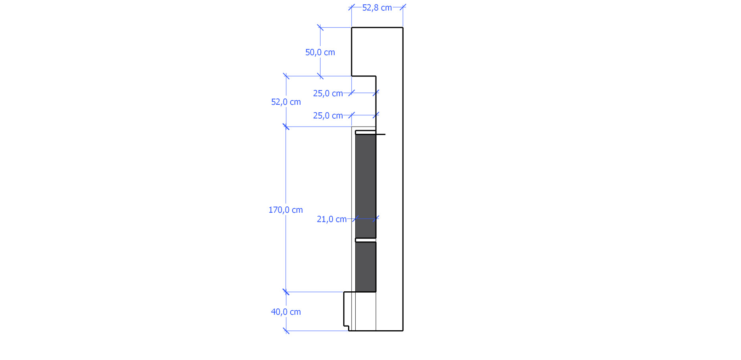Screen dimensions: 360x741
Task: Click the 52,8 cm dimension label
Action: coord(377,8)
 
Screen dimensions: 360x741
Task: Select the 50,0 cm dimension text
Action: coord(320,52)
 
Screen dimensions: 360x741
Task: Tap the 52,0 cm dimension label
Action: coord(286,102)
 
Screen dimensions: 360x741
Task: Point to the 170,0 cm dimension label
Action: coord(285,210)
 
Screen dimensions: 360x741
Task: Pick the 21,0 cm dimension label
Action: coord(331,219)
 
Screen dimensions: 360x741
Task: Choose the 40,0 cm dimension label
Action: coord(286,312)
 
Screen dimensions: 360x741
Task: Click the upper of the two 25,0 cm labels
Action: coord(328,94)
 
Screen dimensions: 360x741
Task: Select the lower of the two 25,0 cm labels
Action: coord(328,116)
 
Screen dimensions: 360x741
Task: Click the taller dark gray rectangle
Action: coord(366,186)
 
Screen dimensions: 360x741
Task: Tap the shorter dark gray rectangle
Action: coord(366,267)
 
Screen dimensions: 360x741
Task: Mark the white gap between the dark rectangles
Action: coord(366,240)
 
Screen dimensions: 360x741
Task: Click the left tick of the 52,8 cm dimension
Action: coord(352,7)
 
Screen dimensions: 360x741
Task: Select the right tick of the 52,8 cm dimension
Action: coord(403,7)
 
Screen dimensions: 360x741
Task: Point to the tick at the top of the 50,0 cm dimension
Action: coord(320,27)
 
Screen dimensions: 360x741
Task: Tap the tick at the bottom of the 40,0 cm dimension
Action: coord(286,331)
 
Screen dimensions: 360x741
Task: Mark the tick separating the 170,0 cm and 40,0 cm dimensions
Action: coord(286,292)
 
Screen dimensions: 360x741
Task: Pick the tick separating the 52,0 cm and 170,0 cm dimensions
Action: coord(286,127)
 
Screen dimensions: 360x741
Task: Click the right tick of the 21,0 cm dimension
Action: coord(376,218)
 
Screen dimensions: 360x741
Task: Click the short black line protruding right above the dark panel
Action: coord(381,135)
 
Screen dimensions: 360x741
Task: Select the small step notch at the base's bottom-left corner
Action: coord(346,328)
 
